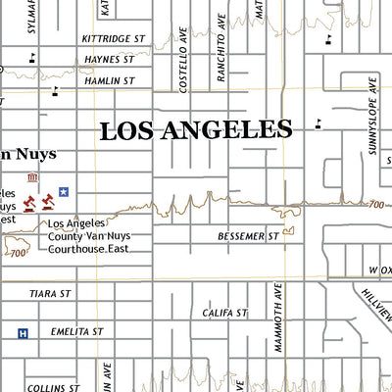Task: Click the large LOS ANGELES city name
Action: [x=196, y=129]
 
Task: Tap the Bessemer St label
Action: [x=249, y=236]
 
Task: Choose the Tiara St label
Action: [x=50, y=292]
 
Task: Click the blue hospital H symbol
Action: [x=23, y=333]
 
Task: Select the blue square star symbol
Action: [x=64, y=192]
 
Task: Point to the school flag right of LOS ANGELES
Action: [x=318, y=124]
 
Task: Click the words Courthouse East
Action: [x=88, y=248]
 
